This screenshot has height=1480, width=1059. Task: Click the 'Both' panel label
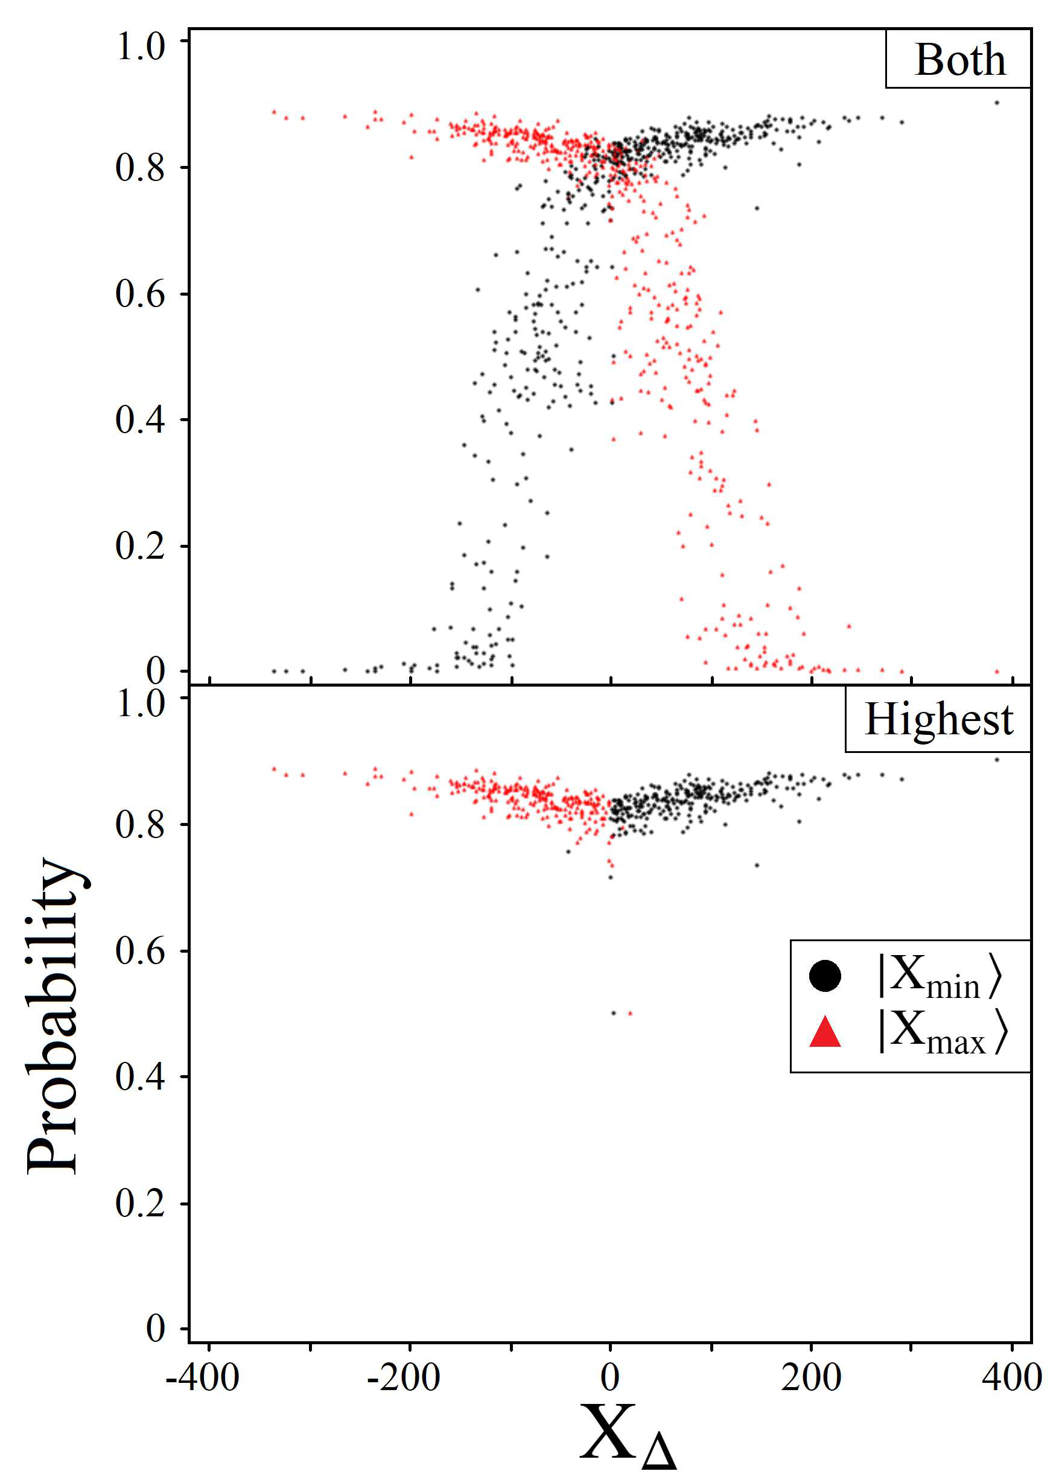coord(959,60)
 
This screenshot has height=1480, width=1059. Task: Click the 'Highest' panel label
coord(938,720)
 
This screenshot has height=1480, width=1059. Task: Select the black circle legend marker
coord(825,976)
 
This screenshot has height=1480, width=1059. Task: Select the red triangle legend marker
coord(825,1032)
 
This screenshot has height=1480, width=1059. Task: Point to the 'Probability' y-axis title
coord(54,1017)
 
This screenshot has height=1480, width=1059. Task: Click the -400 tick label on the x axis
coord(203,1378)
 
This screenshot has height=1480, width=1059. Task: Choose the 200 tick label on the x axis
coord(811,1378)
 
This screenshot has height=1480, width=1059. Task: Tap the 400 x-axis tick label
coord(1012,1378)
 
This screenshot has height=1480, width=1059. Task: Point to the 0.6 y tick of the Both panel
coord(141,294)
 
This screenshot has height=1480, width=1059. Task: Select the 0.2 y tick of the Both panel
coord(141,545)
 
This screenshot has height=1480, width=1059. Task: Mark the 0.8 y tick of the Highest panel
coord(141,825)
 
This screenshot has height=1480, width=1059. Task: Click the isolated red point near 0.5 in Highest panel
coord(630,1013)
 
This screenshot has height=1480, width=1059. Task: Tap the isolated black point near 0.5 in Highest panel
coord(613,1013)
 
